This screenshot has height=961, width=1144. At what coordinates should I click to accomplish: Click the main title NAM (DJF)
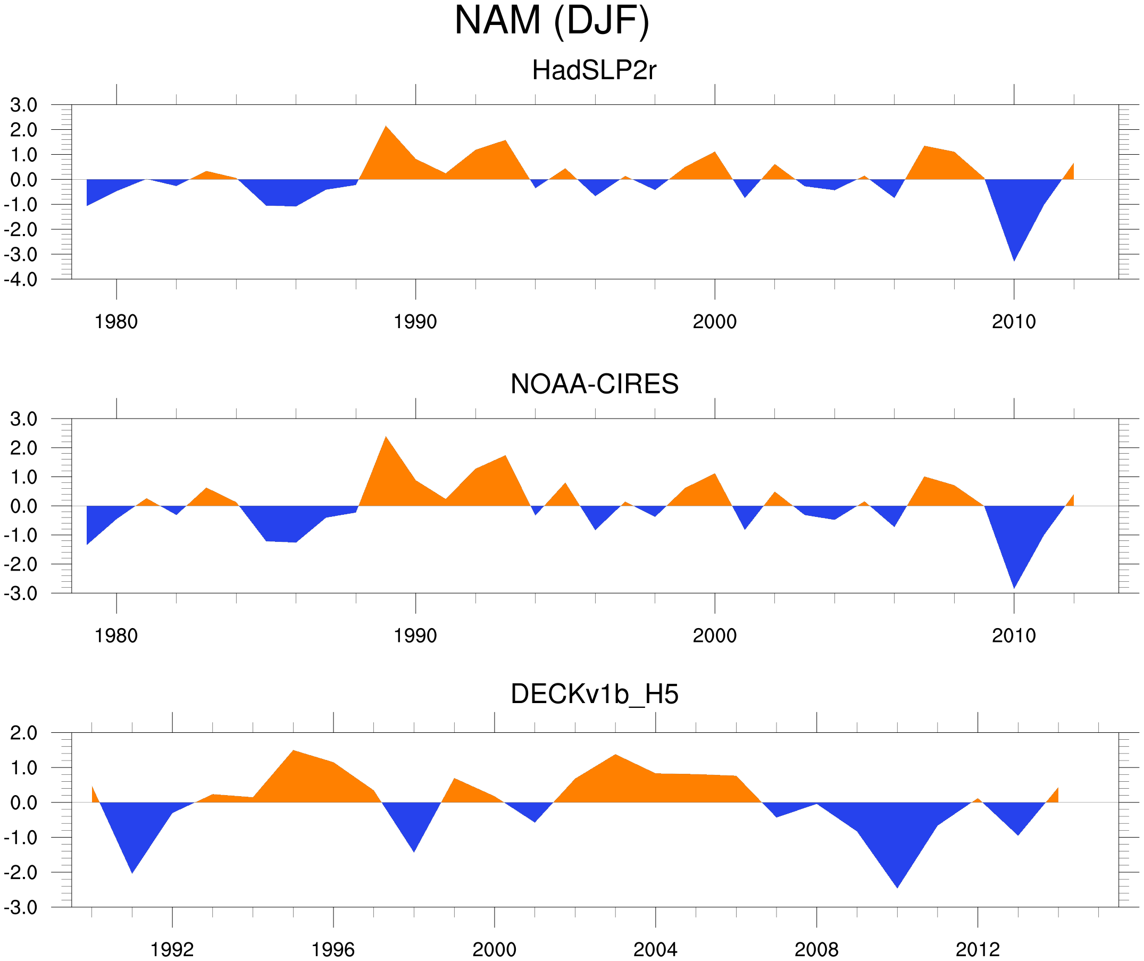pos(552,21)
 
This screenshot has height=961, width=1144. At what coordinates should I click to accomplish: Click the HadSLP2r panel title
pos(594,71)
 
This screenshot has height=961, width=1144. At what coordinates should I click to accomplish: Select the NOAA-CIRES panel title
pos(594,384)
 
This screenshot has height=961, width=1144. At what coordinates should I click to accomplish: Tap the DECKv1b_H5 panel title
pos(594,695)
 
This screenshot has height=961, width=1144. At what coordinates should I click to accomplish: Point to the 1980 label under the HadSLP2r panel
pos(116,322)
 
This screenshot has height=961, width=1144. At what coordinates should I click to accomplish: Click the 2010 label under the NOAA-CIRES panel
pos(1013,636)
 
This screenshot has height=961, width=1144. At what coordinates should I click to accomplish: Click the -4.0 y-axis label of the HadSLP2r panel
pos(21,280)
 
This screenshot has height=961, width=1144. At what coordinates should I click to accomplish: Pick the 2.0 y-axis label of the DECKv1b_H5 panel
pos(24,733)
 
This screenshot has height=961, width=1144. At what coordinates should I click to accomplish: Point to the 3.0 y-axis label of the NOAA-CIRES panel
pos(24,420)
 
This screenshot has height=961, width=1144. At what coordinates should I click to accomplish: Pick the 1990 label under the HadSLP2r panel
pos(415,322)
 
